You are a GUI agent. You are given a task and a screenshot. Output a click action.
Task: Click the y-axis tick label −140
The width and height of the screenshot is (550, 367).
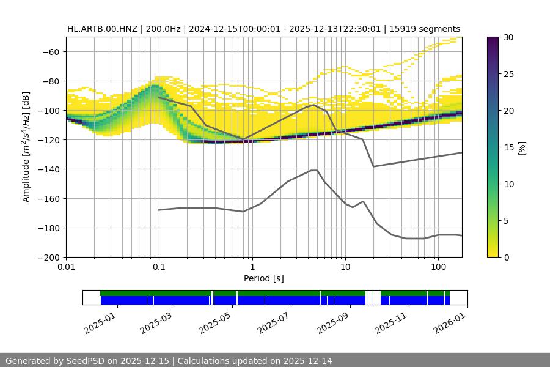coord(51,169)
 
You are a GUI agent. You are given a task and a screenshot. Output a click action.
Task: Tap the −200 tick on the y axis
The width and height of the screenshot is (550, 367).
coord(51,258)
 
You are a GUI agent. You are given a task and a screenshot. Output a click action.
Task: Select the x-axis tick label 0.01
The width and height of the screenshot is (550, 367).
coord(66,267)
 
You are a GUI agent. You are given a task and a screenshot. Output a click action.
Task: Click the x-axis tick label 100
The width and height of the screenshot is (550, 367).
coord(438,267)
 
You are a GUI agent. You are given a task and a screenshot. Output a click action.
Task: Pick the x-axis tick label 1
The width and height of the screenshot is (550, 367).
coord(252,267)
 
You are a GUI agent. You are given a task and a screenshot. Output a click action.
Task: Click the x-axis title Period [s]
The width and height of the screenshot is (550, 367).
coord(263,278)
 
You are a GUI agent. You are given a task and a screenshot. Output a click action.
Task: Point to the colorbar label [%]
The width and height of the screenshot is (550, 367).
coord(522,147)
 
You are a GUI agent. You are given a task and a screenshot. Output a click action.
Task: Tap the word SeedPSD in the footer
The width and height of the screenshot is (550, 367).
coord(85,361)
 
